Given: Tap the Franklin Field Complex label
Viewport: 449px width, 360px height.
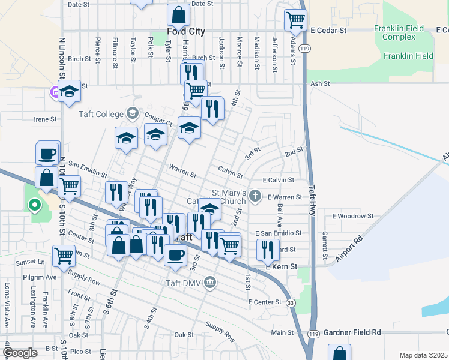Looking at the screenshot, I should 399,32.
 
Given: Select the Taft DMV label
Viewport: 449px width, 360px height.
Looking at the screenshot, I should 184,283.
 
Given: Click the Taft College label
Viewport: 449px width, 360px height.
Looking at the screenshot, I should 100,113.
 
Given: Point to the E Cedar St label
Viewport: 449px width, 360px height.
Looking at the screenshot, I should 328,29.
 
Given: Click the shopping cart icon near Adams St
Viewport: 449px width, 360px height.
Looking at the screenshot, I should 295,20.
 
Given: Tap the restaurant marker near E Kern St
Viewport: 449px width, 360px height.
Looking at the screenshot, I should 268,248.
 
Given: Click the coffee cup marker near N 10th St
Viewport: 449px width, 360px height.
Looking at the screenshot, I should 47,154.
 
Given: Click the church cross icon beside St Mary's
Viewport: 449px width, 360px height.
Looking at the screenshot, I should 256,195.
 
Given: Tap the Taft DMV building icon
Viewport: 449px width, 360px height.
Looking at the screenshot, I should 210,282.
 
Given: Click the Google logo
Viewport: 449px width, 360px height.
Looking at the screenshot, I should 20,353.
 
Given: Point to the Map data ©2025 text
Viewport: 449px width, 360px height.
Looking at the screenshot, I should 423,355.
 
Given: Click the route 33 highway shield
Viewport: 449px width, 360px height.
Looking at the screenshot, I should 290,303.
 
